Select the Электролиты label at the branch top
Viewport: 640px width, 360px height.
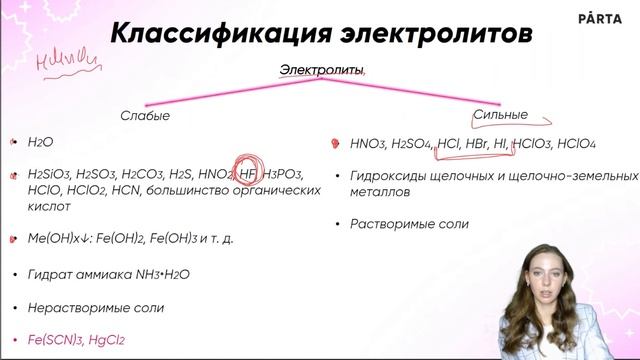coord(321,69)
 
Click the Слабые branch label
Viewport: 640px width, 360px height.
coord(145,116)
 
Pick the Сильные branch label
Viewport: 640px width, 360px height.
coord(499,114)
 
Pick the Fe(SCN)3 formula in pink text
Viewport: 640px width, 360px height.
coord(58,340)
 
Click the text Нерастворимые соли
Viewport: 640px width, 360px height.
coord(88,307)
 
